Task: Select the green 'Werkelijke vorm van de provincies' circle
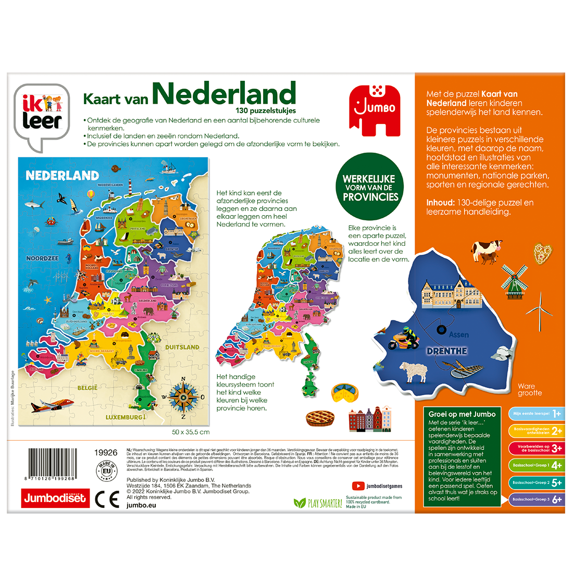(x=370, y=188)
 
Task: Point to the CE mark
(x=107, y=499)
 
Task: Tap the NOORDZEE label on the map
(x=43, y=258)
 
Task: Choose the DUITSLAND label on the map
(x=182, y=347)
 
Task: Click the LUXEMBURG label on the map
(x=123, y=417)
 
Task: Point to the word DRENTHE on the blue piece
(x=447, y=351)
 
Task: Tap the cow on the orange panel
(x=484, y=251)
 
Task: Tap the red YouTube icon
(x=358, y=486)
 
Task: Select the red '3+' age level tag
(x=535, y=448)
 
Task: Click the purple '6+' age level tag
(x=535, y=499)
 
